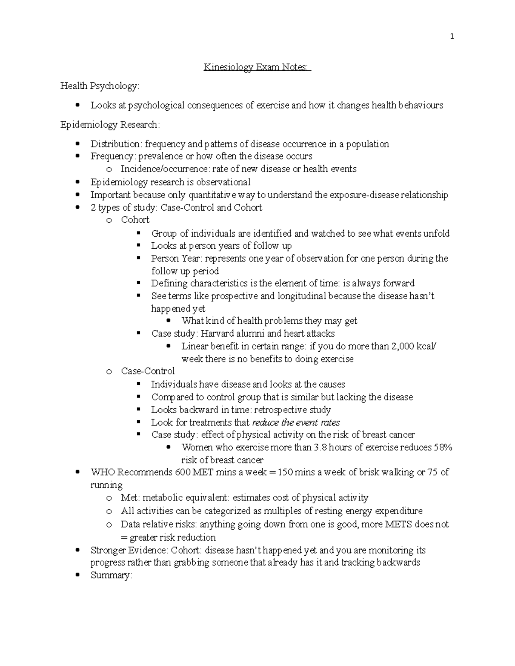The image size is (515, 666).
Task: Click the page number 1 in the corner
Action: [452, 37]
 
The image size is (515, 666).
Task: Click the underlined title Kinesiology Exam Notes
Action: [257, 67]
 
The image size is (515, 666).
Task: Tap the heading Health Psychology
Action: [100, 86]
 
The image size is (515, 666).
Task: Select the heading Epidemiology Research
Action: [110, 125]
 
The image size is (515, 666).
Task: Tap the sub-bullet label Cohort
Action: [135, 220]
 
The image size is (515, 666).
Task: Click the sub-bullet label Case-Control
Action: [148, 371]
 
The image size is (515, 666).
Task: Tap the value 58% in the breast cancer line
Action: [443, 447]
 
